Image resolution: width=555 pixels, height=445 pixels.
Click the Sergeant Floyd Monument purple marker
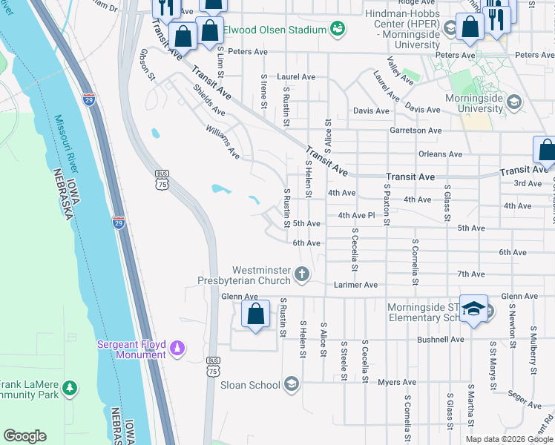click(x=177, y=346)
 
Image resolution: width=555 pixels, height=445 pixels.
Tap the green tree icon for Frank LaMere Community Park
click(x=70, y=387)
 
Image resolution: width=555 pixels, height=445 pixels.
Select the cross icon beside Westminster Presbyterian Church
click(x=301, y=275)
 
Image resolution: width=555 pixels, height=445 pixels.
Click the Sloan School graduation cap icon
click(x=292, y=384)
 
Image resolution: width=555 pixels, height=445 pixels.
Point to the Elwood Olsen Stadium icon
click(x=338, y=29)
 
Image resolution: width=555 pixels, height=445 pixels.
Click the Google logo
click(x=24, y=436)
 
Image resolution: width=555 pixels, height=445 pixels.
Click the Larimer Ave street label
click(x=355, y=285)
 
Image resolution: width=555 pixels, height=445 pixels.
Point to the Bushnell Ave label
click(x=440, y=340)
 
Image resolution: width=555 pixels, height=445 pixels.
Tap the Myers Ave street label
click(x=397, y=383)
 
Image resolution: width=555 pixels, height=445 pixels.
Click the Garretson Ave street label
click(x=416, y=131)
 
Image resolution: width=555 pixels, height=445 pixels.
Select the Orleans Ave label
click(x=440, y=154)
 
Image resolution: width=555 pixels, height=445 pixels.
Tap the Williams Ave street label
click(x=223, y=142)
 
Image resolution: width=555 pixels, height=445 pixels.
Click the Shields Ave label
click(x=208, y=100)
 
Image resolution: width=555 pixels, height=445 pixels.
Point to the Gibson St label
click(x=146, y=65)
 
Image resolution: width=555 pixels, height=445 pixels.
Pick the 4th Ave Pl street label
click(x=358, y=216)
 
